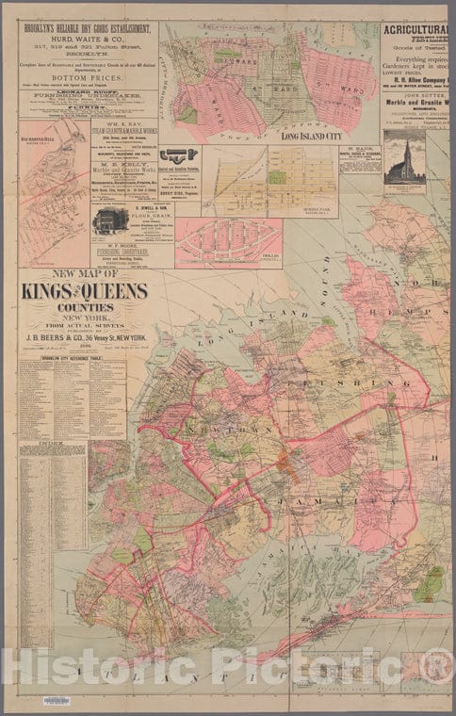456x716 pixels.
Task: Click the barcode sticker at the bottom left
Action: tap(57, 700)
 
